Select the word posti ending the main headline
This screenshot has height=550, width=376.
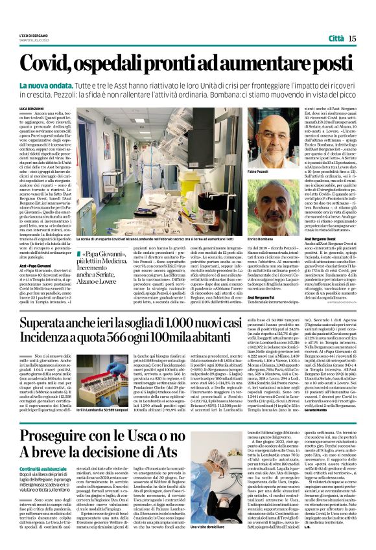[x=331, y=63]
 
